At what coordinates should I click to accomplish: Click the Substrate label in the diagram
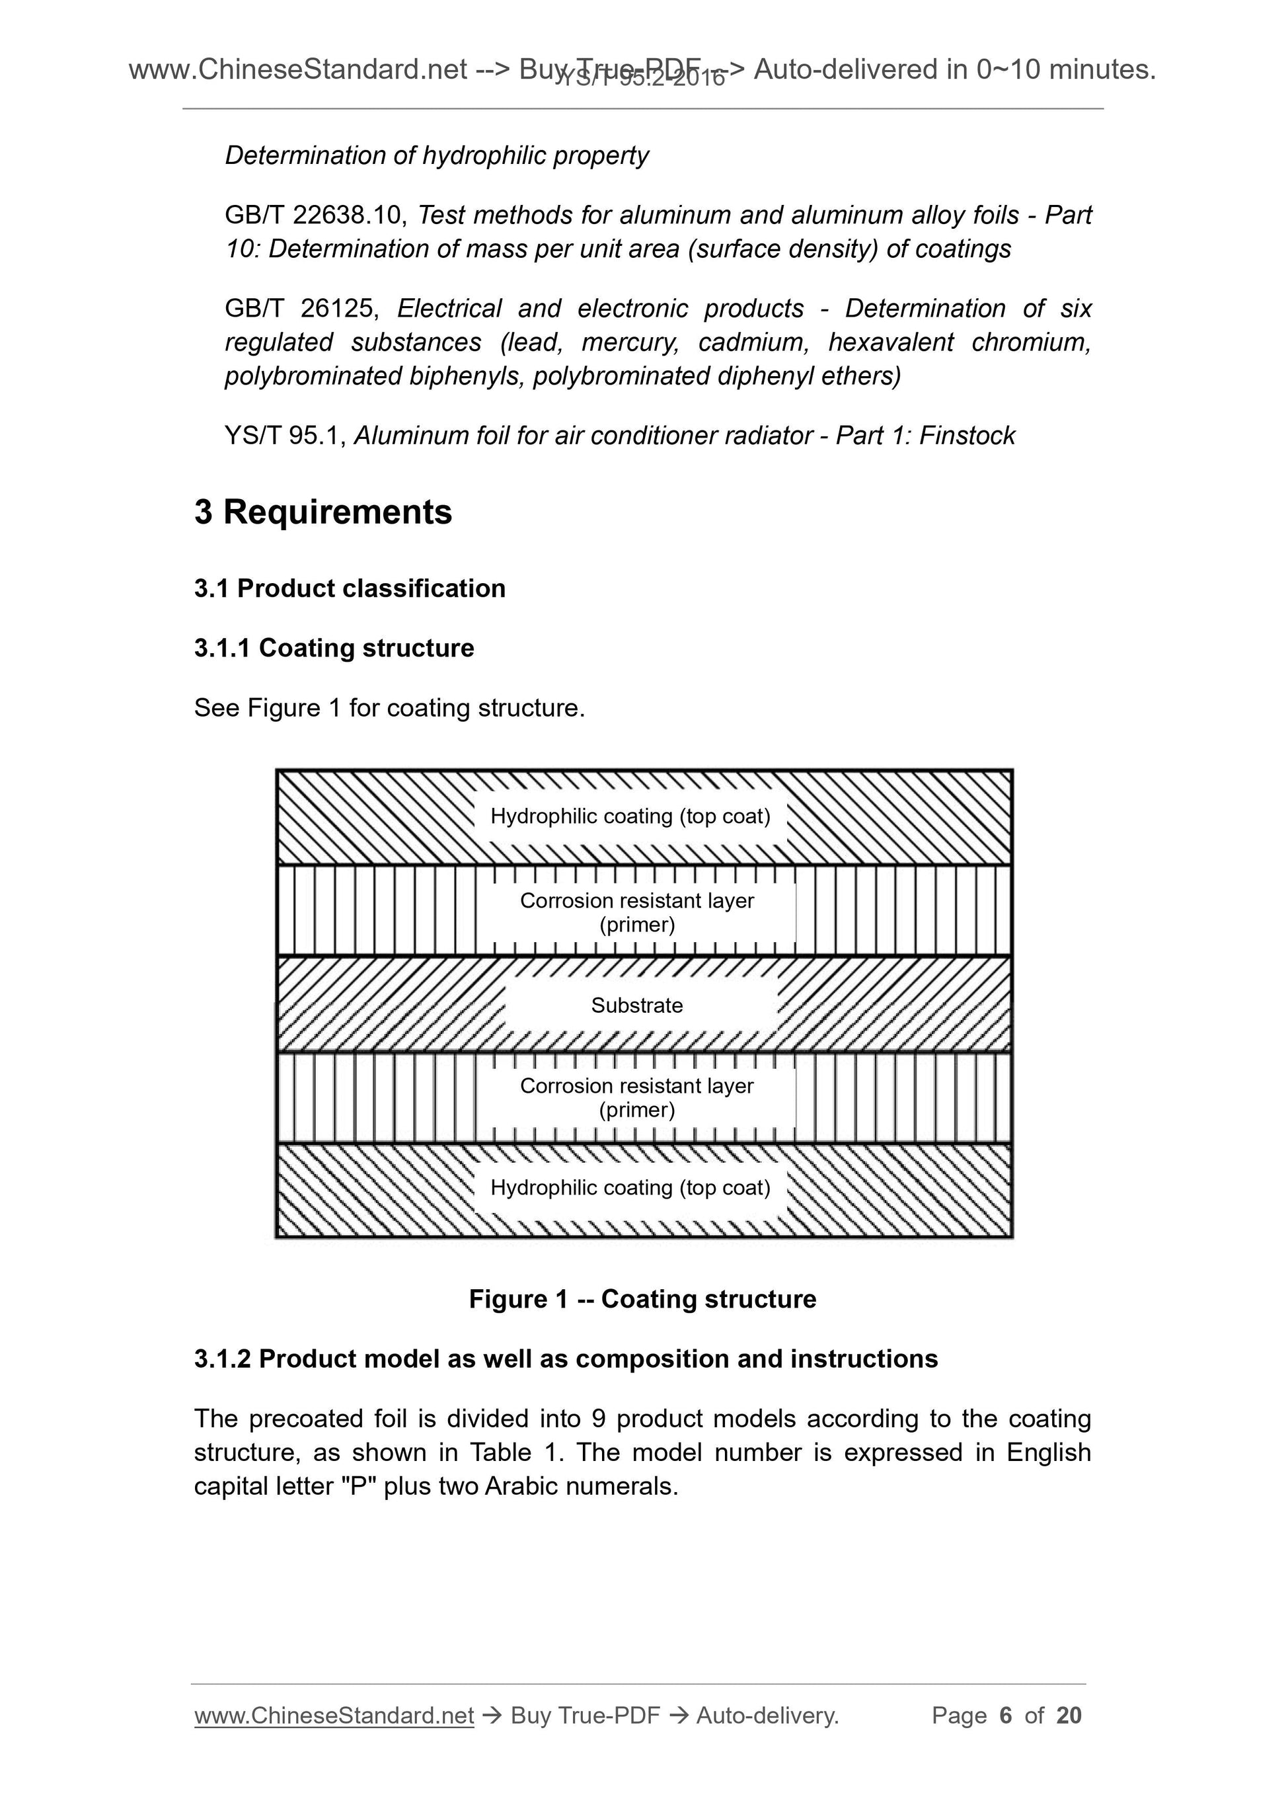point(636,1005)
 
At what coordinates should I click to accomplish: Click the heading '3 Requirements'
point(322,512)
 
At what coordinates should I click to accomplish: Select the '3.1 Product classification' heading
point(350,588)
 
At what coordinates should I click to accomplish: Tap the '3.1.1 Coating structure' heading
point(334,648)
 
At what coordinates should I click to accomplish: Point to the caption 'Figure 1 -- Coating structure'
point(642,1299)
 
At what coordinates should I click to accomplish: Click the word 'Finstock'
point(967,436)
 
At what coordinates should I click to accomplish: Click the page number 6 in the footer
point(1006,1716)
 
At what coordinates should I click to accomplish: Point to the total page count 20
point(1069,1716)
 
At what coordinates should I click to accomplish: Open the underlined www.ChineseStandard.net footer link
point(334,1716)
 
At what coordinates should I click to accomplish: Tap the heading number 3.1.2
point(222,1359)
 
